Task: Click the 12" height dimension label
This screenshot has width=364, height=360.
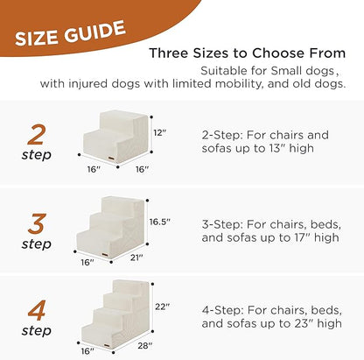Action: click(157, 131)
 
